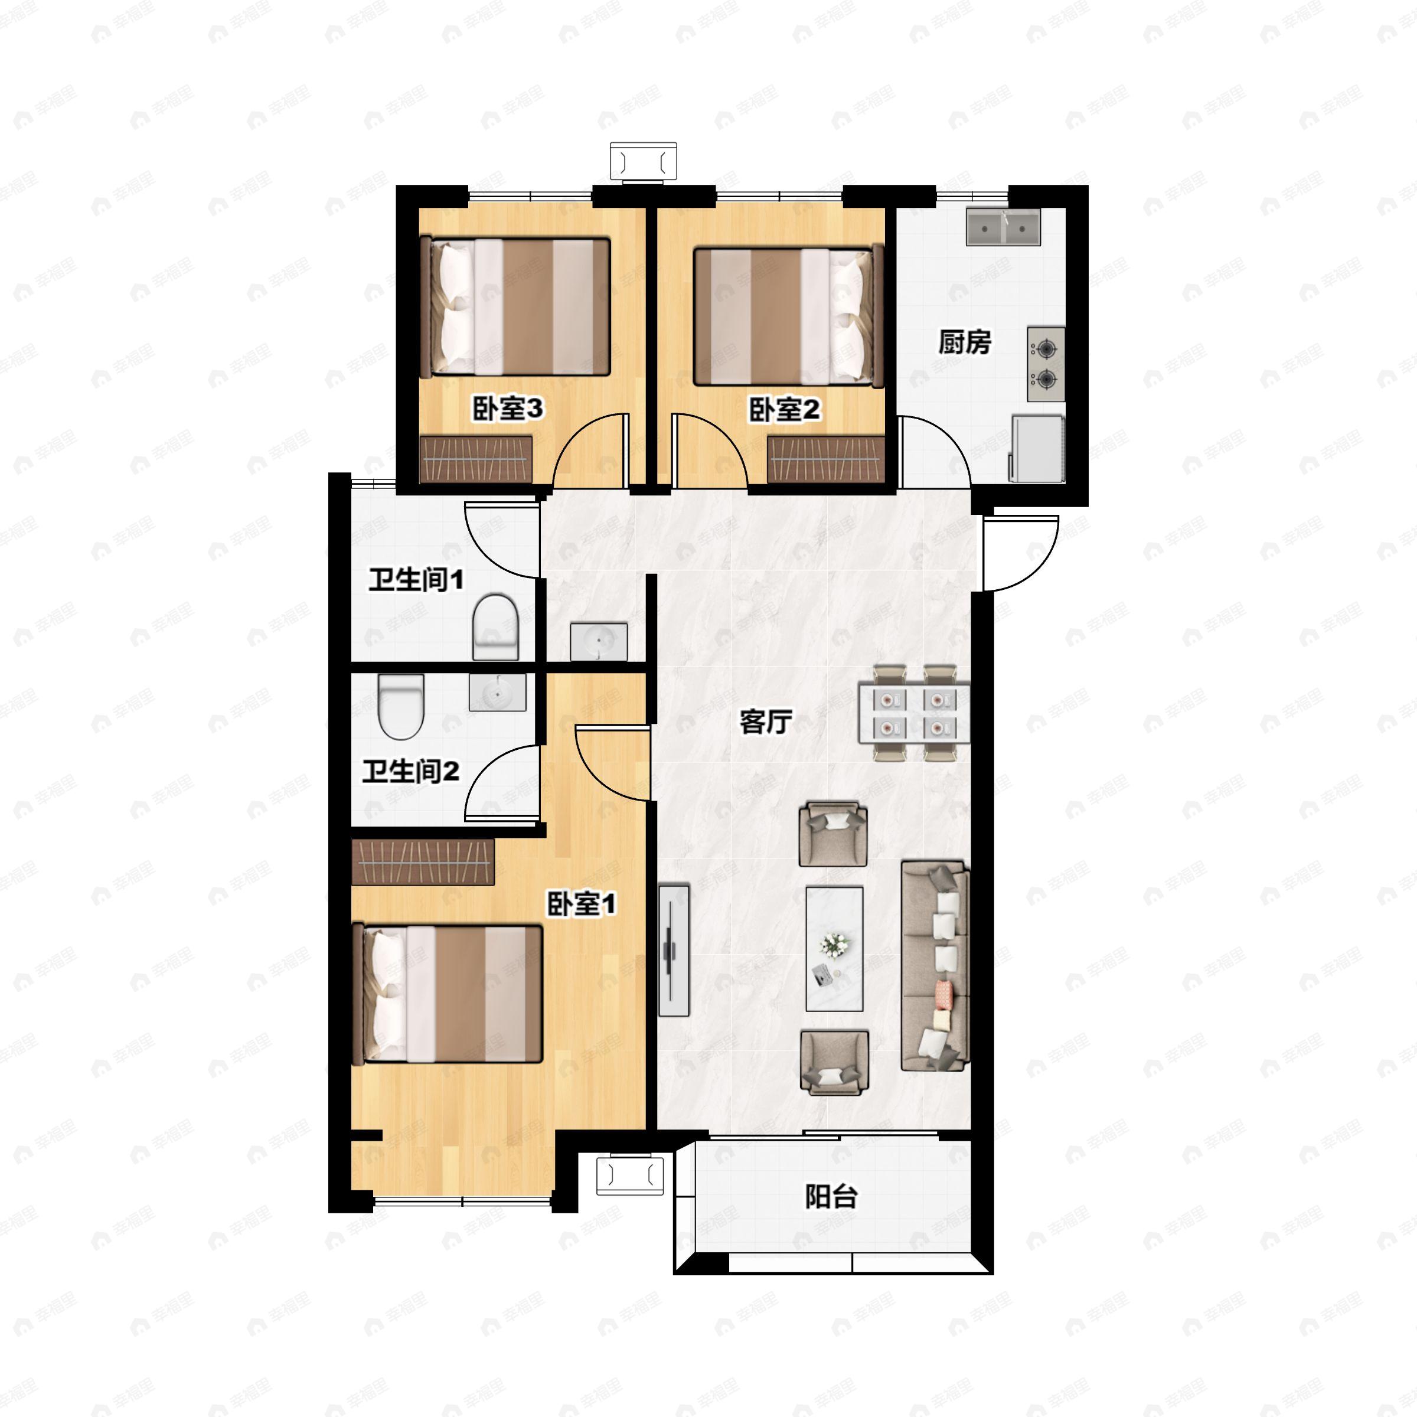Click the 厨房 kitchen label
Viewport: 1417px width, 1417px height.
click(x=965, y=342)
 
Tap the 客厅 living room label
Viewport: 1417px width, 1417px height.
click(x=766, y=721)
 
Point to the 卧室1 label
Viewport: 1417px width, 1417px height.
click(x=582, y=903)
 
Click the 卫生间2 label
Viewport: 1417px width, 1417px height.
click(x=411, y=771)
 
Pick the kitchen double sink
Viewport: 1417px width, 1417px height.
click(x=1003, y=227)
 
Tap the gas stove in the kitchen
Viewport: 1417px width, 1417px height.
click(x=1046, y=364)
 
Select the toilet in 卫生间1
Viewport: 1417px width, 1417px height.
click(x=495, y=627)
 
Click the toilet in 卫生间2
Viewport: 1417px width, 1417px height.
click(x=401, y=706)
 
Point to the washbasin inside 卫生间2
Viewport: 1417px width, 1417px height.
click(x=497, y=693)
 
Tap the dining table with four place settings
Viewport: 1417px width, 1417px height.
click(x=914, y=713)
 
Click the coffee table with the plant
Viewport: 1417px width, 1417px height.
click(x=834, y=948)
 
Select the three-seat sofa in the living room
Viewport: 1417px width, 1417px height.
click(x=935, y=966)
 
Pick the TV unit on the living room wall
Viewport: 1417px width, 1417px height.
click(x=673, y=950)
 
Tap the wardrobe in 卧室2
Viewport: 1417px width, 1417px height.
click(x=826, y=460)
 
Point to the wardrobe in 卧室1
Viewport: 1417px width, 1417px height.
click(x=423, y=862)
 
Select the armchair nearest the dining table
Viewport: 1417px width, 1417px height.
click(x=832, y=833)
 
